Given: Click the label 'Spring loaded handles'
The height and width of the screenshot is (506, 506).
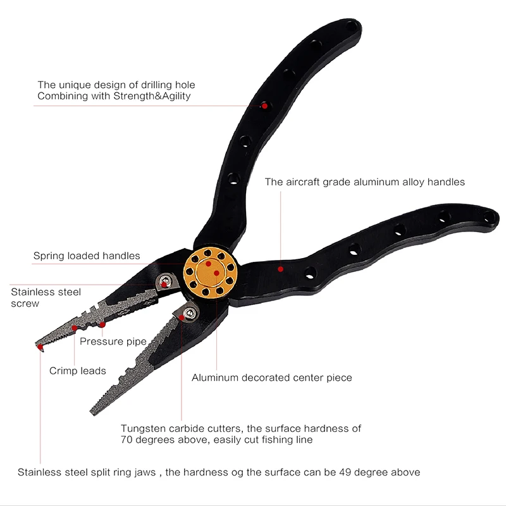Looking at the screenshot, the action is [x=87, y=256].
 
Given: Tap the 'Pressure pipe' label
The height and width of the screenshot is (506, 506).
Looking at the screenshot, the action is [x=113, y=342].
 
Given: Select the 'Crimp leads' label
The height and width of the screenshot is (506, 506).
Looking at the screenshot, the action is [x=78, y=371].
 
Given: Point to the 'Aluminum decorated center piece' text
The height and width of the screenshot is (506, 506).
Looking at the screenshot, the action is [x=272, y=378].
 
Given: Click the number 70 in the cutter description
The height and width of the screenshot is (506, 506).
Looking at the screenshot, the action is [x=127, y=440].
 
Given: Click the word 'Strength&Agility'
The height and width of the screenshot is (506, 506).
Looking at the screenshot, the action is [x=152, y=96].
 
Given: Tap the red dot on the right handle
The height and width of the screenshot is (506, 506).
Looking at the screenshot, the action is [x=281, y=269].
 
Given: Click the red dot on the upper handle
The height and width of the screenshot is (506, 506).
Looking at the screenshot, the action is [x=264, y=106].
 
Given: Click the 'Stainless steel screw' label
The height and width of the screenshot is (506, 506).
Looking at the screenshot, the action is [x=46, y=297].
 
